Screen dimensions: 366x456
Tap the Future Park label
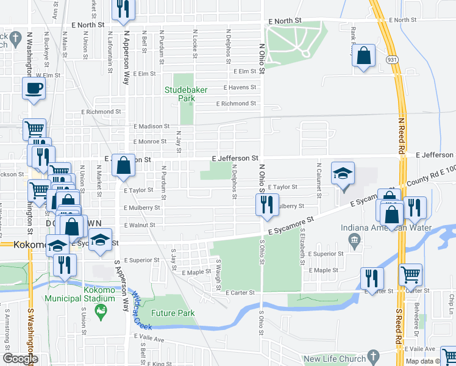pos(174,314)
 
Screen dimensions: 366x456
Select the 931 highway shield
pos(392,59)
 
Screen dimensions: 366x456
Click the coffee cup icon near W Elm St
pos(34,88)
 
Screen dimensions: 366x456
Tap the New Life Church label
pos(333,359)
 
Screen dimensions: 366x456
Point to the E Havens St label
pos(240,88)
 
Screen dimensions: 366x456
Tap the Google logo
pos(20,359)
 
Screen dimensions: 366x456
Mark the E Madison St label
pos(151,126)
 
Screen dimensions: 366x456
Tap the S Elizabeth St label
pos(302,251)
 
